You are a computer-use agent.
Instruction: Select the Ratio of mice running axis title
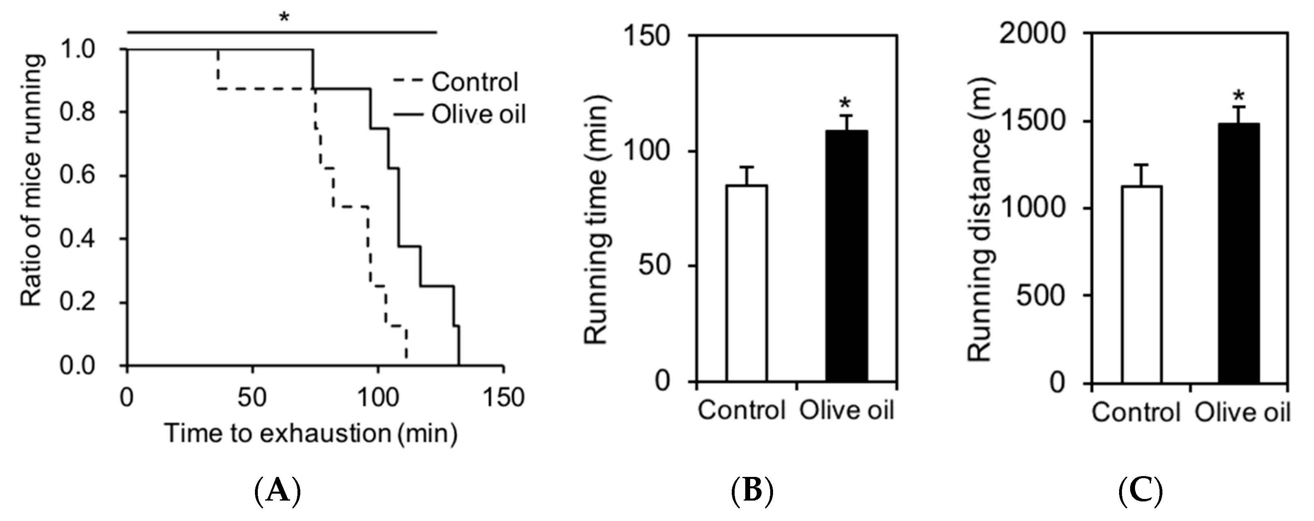(x=31, y=182)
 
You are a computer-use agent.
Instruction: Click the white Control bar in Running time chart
(x=747, y=283)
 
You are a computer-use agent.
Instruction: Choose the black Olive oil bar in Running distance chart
(x=1239, y=253)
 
